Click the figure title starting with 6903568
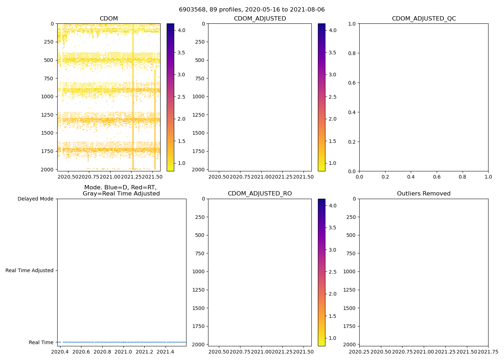pyautogui.click(x=252, y=10)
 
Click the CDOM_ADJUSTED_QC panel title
pyautogui.click(x=424, y=19)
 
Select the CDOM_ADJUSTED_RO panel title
pyautogui.click(x=260, y=194)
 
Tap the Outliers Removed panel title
pyautogui.click(x=424, y=194)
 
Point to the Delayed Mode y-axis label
pyautogui.click(x=35, y=199)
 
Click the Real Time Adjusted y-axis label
pyautogui.click(x=30, y=270)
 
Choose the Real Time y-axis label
pyautogui.click(x=41, y=342)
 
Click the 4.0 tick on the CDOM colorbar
pyautogui.click(x=181, y=30)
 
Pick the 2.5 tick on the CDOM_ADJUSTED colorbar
pyautogui.click(x=333, y=97)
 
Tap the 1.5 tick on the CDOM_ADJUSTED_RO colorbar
pyautogui.click(x=333, y=316)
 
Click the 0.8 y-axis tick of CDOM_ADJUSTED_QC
pyautogui.click(x=352, y=53)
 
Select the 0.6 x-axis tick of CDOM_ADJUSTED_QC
pyautogui.click(x=437, y=177)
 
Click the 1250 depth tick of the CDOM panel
pyautogui.click(x=48, y=115)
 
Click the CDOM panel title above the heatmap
pyautogui.click(x=109, y=19)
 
